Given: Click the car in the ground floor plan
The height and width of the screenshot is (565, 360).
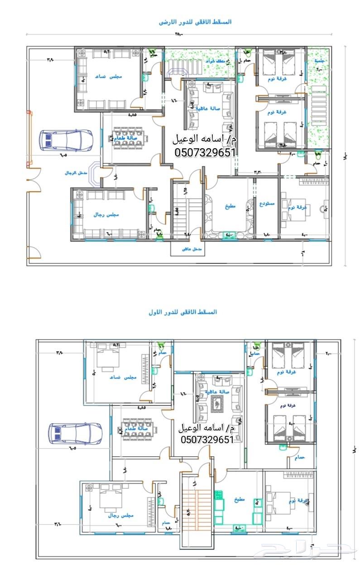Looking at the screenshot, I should pos(66,140).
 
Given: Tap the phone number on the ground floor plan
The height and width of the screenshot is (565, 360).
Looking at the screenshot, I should pos(206,153).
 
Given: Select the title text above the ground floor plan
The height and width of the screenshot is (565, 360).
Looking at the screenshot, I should pos(196,22).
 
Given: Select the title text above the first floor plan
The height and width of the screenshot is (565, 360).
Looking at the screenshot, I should pos(182,312).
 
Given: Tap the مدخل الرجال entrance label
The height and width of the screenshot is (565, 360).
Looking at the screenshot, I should pos(75,173).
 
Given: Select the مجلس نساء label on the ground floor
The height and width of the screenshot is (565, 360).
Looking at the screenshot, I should pos(108,77).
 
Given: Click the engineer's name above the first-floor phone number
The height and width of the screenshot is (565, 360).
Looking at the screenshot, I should pos(206,427).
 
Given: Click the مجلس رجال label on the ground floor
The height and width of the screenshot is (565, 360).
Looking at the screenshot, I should pos(106,214).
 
